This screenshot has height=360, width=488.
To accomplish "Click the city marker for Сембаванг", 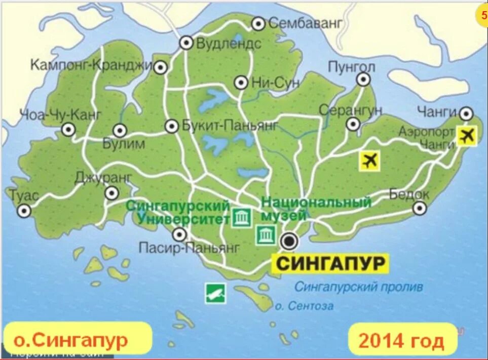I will [x=258, y=23].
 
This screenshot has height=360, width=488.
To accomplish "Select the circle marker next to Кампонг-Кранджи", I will [x=161, y=67].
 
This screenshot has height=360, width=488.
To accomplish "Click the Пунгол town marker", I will [x=363, y=79].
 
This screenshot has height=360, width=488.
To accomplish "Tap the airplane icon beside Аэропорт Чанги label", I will [x=467, y=135].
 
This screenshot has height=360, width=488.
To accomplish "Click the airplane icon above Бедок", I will [x=370, y=161].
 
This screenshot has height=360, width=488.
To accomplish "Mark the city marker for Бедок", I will [x=420, y=208].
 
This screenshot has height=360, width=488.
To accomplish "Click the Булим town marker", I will [x=120, y=131].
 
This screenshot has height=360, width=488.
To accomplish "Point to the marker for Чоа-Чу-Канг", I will [x=68, y=130].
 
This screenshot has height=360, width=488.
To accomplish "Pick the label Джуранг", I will [x=103, y=178].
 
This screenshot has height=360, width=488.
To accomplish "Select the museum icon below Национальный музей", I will [x=266, y=235].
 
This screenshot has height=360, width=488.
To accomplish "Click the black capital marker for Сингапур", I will [x=289, y=242].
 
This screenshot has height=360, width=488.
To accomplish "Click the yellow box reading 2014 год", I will [x=401, y=340].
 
